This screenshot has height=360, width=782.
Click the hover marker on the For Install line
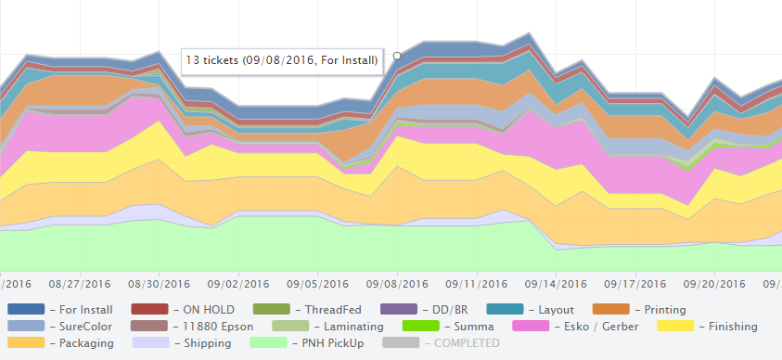point(397,56)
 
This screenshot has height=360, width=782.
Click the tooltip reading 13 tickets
point(282,60)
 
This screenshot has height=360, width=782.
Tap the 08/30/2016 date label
point(159,284)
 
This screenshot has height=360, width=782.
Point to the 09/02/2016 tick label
point(239,284)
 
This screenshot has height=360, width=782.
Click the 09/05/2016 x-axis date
point(318,284)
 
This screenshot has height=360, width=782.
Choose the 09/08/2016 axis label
point(398,284)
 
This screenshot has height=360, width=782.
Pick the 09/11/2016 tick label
point(477,284)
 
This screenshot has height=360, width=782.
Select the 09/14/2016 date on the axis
point(557,284)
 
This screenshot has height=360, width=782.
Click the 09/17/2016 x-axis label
point(636,284)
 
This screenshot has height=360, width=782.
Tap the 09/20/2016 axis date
point(715,284)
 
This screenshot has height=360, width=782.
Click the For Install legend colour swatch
point(26,309)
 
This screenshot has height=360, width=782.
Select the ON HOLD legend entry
point(203,309)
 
